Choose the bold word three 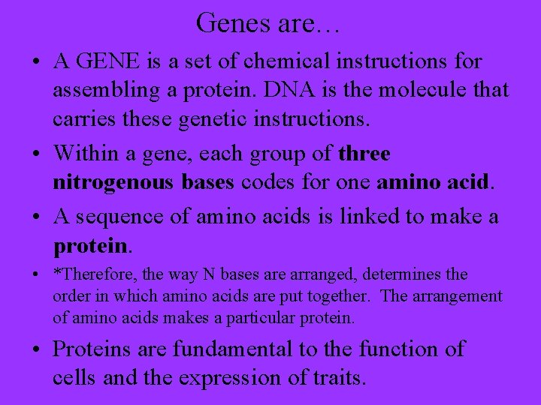[364, 154]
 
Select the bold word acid [467, 184]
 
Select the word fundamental [231, 349]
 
